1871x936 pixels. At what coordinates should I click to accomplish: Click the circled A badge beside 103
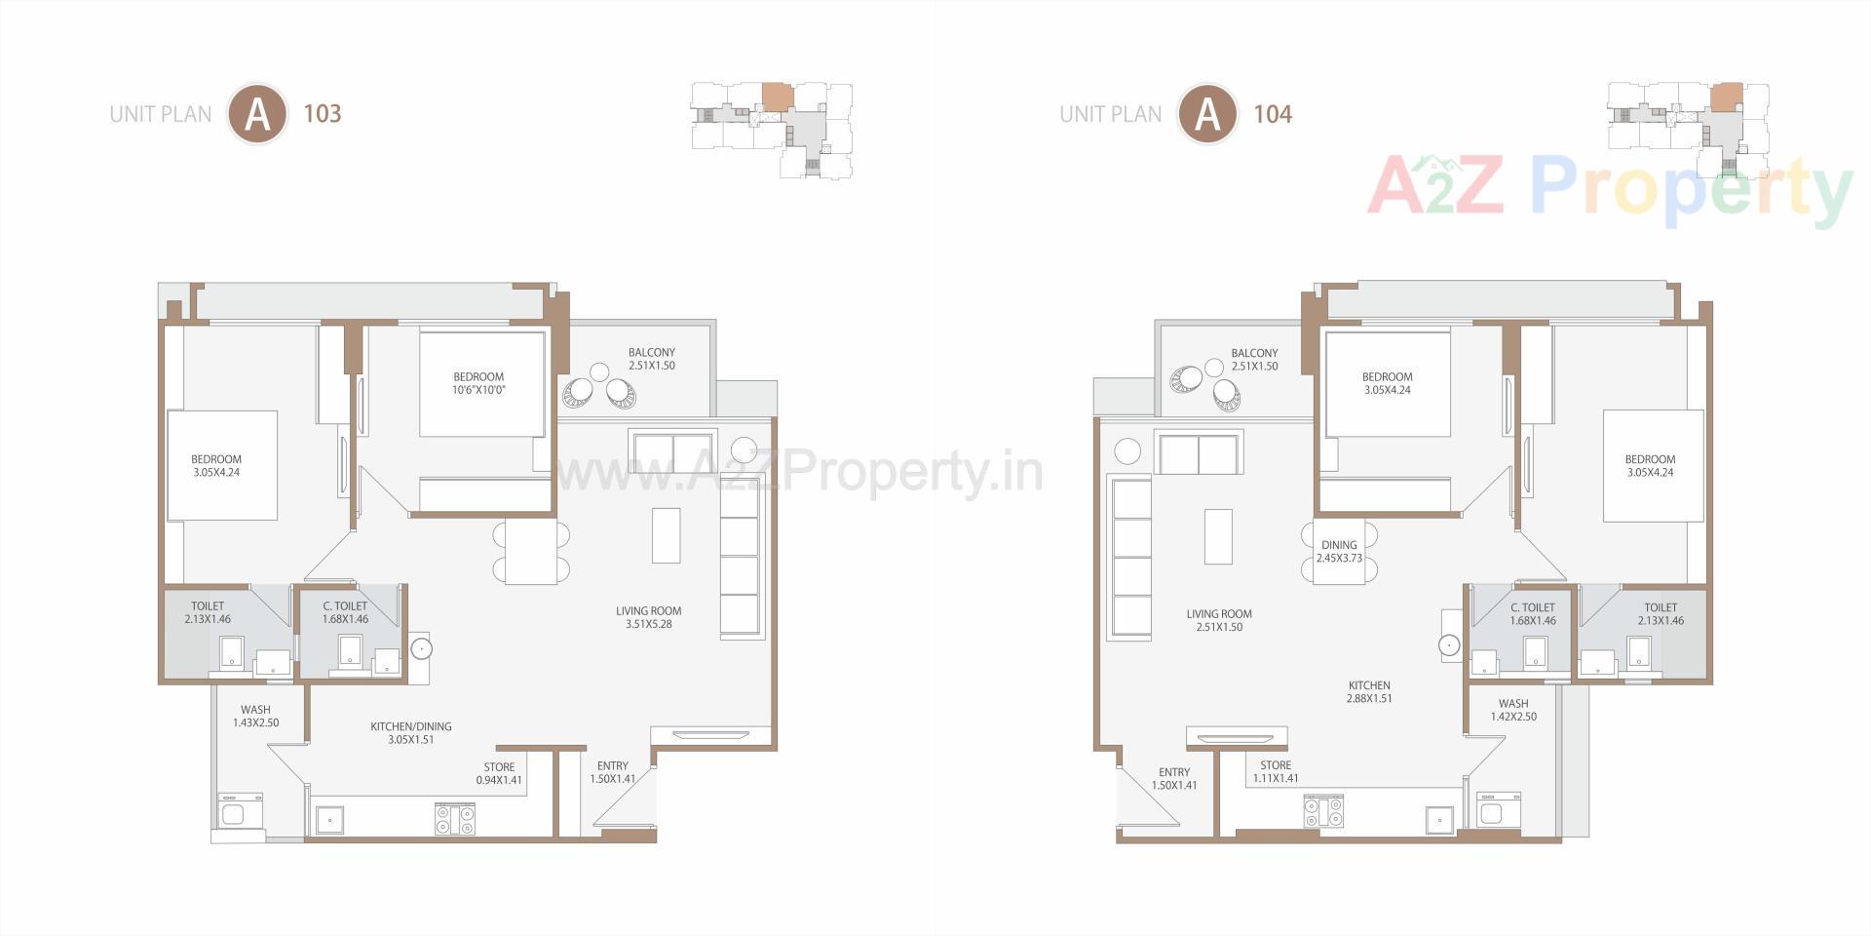point(257,114)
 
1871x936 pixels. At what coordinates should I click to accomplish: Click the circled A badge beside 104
point(1207,114)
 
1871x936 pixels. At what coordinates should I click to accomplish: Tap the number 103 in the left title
point(323,114)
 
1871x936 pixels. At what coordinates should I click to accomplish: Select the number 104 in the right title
point(1273,114)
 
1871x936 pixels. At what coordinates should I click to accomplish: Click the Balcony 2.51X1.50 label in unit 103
point(652,359)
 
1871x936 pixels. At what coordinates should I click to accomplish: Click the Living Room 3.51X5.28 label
point(648,617)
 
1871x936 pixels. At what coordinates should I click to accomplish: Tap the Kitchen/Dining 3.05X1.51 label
point(410,732)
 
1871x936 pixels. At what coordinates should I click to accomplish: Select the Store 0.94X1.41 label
point(499,773)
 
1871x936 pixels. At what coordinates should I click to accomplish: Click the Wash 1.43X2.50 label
point(255,716)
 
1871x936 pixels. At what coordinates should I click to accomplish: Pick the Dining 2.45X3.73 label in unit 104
point(1339,552)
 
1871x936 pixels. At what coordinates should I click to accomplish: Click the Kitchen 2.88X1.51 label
point(1369,691)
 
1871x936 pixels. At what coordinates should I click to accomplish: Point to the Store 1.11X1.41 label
point(1275,771)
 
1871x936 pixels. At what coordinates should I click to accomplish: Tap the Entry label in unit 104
point(1174,778)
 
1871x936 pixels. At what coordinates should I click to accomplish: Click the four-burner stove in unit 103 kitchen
point(455,818)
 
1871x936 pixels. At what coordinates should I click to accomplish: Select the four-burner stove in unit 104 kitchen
point(1323,810)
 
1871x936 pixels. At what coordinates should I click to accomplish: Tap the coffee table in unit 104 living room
point(1218,536)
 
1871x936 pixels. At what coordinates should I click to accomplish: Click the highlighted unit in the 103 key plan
point(776,97)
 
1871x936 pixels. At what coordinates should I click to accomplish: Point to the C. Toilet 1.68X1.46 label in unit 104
point(1533,613)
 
